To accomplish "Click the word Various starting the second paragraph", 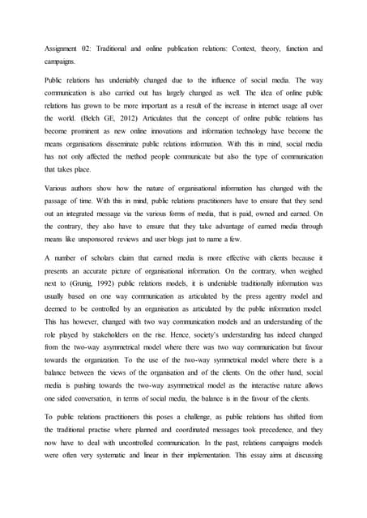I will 58,189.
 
